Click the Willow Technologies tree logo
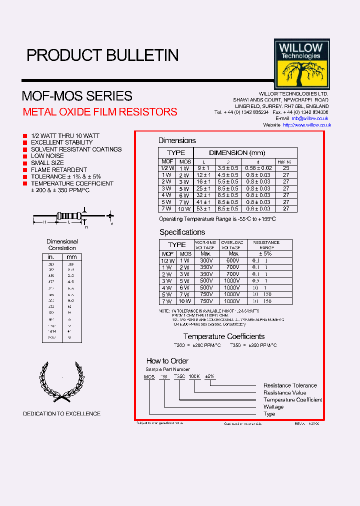pyautogui.click(x=301, y=64)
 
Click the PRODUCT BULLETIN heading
pyautogui.click(x=102, y=55)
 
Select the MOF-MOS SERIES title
pyautogui.click(x=77, y=95)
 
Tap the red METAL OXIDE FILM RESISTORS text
pyautogui.click(x=100, y=112)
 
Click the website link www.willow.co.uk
pyautogui.click(x=306, y=125)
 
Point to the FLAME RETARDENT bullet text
pyautogui.click(x=59, y=170)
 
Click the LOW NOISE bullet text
pyautogui.click(x=47, y=156)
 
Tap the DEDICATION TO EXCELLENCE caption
pyautogui.click(x=61, y=413)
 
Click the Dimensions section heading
pyautogui.click(x=177, y=140)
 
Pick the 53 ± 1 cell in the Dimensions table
pyautogui.click(x=204, y=208)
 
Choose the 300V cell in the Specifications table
pyautogui.click(x=206, y=260)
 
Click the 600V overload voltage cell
pyautogui.click(x=233, y=260)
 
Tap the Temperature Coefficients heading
pyautogui.click(x=223, y=336)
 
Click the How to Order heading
pyautogui.click(x=167, y=361)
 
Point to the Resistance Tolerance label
pyautogui.click(x=290, y=385)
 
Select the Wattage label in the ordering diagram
pyautogui.click(x=273, y=407)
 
